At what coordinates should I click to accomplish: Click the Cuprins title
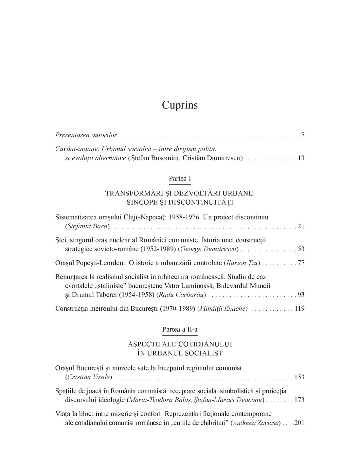coord(180,105)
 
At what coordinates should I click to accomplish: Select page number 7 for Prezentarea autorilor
coord(303,135)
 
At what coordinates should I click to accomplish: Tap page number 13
coord(301,158)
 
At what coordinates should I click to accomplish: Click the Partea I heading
coord(180,179)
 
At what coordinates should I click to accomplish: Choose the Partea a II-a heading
coord(180,330)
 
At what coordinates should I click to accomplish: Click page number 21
coord(301,226)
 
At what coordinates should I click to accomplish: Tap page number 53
coord(301,249)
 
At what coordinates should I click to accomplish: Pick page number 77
coord(301,263)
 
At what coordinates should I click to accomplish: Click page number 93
coord(301,295)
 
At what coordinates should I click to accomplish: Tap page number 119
coord(300,309)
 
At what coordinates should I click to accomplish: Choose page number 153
coord(300,377)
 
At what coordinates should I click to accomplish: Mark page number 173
coord(300,400)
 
